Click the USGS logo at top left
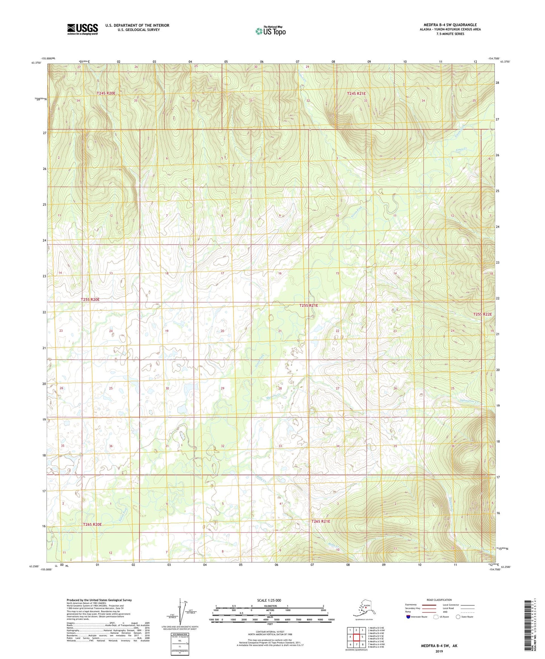pos(83,29)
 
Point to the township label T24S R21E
pos(356,93)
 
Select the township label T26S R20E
pos(92,524)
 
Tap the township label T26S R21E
pos(321,521)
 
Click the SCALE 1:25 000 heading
pos(269,600)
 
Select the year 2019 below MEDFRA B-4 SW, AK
pos(439,651)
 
